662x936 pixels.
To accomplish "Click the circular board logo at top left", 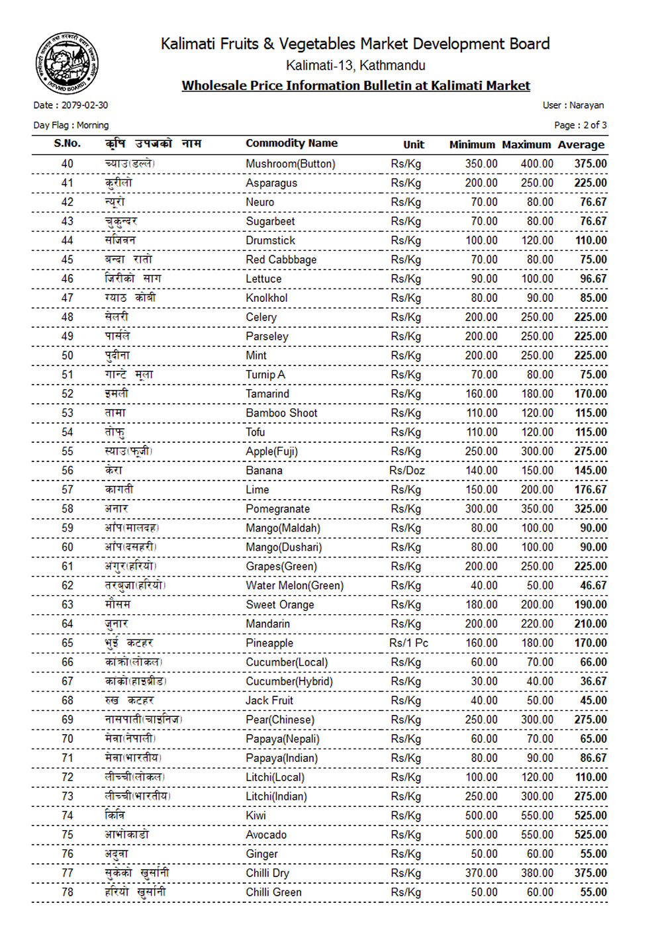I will click(67, 64).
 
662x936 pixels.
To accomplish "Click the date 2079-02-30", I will click(84, 105).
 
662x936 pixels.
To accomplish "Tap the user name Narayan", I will click(587, 105).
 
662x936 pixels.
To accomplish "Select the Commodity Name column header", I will click(291, 144).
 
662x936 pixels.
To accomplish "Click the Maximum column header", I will click(526, 145).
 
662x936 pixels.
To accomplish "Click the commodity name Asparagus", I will click(271, 183).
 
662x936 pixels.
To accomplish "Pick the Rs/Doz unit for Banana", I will click(407, 471).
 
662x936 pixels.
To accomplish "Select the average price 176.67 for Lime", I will click(591, 490).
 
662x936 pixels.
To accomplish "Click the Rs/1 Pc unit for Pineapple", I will click(408, 643).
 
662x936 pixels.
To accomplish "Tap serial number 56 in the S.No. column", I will click(68, 471).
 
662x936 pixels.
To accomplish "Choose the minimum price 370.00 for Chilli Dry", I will click(481, 874).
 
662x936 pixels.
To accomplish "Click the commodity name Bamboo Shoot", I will click(281, 413).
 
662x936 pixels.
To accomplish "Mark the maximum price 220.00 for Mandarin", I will click(537, 624).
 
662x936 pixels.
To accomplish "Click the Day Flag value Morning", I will click(93, 125).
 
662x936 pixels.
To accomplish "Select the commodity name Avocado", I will click(266, 835).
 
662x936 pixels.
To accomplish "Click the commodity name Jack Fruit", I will click(269, 701).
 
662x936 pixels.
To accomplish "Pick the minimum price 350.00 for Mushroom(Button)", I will click(481, 164).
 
